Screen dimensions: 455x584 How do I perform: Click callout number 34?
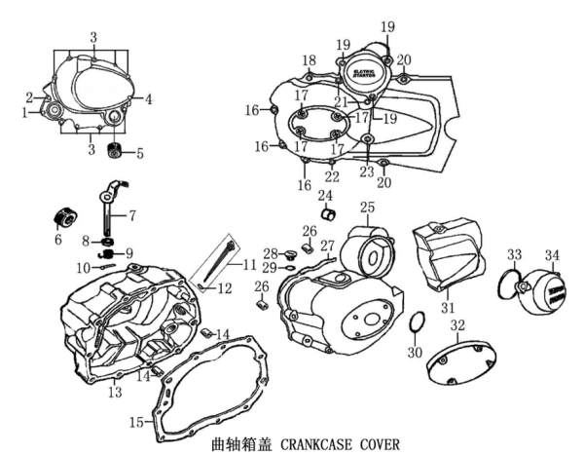[553, 256]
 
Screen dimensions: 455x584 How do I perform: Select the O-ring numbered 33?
[504, 284]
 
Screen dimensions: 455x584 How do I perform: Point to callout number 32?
[456, 324]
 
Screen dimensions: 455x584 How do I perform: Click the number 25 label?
[367, 208]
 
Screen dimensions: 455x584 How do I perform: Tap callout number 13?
[115, 392]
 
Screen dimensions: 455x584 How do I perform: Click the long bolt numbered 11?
[227, 248]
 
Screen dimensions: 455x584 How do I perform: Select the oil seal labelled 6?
[68, 216]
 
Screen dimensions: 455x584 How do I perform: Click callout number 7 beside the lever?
[131, 213]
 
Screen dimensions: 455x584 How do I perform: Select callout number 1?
[24, 113]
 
